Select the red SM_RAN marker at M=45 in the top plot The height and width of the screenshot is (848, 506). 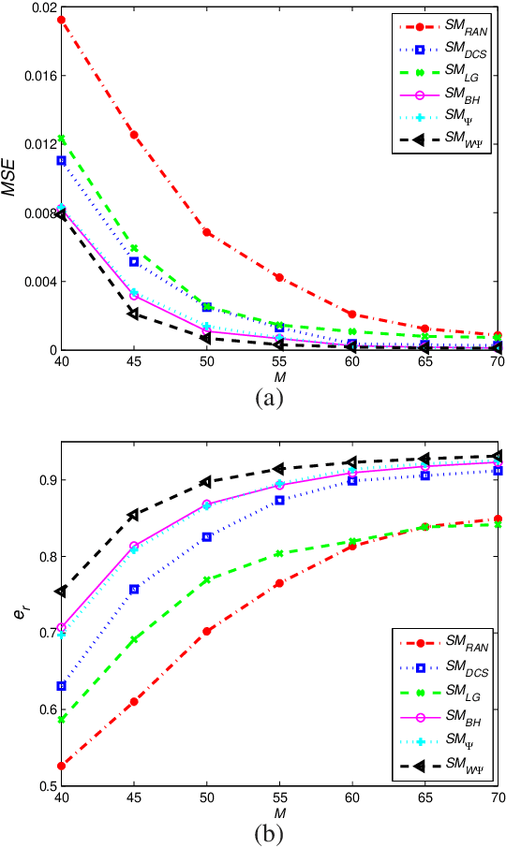(x=134, y=135)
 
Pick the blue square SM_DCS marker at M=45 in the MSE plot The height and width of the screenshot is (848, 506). (x=134, y=261)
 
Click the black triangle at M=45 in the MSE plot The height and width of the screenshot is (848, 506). (x=133, y=314)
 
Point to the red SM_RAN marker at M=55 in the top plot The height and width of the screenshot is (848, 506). (x=279, y=277)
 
